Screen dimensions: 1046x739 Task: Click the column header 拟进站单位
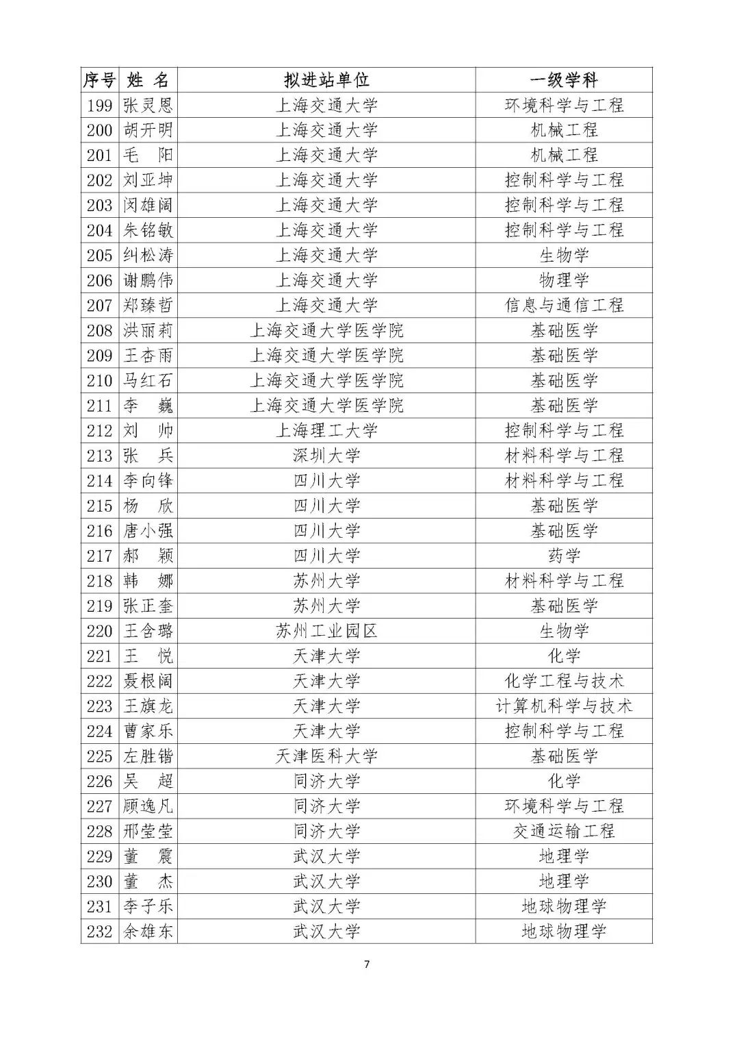coord(326,80)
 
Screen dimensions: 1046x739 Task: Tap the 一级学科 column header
coord(564,80)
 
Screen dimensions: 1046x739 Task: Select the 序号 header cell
coord(100,80)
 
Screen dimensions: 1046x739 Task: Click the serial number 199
coord(100,105)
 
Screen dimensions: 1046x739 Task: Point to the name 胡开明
coord(148,130)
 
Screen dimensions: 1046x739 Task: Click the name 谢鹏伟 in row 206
coord(148,280)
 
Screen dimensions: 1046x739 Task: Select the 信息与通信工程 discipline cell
coord(564,306)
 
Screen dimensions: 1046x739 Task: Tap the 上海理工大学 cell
coord(326,431)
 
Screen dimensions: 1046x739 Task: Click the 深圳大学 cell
coord(326,456)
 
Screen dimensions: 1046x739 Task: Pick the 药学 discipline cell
coord(564,556)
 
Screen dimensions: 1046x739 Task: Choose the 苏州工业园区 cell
coord(326,631)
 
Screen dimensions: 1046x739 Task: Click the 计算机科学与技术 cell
coord(564,706)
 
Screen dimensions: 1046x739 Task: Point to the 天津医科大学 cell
coord(326,756)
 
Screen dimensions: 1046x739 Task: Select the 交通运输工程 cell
coord(564,832)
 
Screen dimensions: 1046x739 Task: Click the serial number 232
coord(100,932)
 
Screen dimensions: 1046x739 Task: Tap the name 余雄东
coord(148,932)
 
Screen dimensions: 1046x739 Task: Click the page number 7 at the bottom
coord(367,964)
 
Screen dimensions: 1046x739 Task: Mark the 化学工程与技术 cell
coord(564,681)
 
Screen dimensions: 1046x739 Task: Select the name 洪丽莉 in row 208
coord(148,331)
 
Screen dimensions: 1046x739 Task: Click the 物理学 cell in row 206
coord(564,280)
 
